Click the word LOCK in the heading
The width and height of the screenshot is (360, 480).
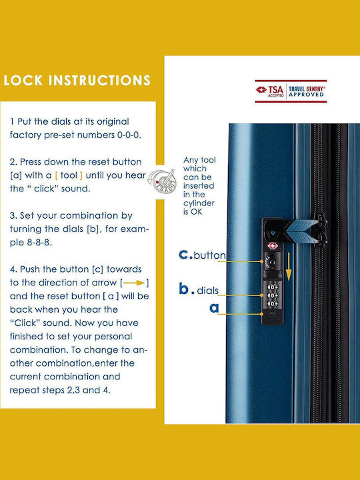click(x=23, y=80)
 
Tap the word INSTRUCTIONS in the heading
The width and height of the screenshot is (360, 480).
click(x=99, y=80)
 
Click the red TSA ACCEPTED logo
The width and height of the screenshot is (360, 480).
click(x=270, y=91)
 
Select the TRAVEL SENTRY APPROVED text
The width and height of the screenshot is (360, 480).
click(x=307, y=91)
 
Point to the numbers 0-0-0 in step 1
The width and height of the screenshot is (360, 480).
click(x=129, y=135)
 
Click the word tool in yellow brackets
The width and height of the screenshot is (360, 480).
click(x=69, y=175)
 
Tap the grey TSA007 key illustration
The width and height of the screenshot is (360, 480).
click(x=162, y=181)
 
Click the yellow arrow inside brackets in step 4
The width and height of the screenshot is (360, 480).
click(x=134, y=283)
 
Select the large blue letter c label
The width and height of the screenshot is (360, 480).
click(x=184, y=255)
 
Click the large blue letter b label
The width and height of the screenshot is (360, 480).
click(x=184, y=288)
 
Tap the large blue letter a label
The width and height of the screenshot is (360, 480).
click(x=214, y=307)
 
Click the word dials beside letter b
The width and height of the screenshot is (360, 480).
click(x=207, y=290)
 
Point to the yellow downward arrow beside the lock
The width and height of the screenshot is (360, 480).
click(x=289, y=266)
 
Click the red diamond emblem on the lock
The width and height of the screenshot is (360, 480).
click(x=272, y=245)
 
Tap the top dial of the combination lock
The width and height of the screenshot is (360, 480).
click(x=272, y=287)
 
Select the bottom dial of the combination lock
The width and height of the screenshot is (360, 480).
click(x=272, y=304)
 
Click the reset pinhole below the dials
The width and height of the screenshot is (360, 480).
click(x=273, y=313)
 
